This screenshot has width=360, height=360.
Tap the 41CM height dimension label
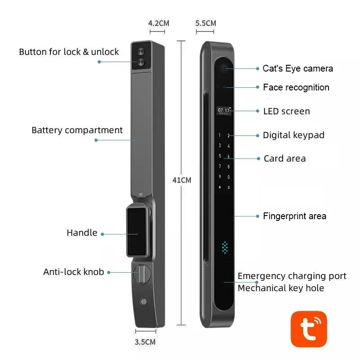point(182,180)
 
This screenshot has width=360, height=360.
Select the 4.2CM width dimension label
point(158,23)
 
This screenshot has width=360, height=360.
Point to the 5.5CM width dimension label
point(206,23)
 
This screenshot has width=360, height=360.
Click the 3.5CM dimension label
point(145,342)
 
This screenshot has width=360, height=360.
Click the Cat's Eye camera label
point(297,68)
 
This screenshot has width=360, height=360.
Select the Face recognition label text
point(296,87)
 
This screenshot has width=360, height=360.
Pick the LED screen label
point(286,111)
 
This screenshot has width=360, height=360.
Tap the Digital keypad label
point(293,135)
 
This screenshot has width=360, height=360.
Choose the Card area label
point(284,158)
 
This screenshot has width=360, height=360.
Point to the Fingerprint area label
point(294,216)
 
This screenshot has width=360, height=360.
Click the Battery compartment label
point(77,130)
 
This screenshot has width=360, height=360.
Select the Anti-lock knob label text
point(73,272)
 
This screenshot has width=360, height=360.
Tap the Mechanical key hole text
point(281,288)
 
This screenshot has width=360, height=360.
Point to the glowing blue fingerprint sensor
point(225,247)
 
